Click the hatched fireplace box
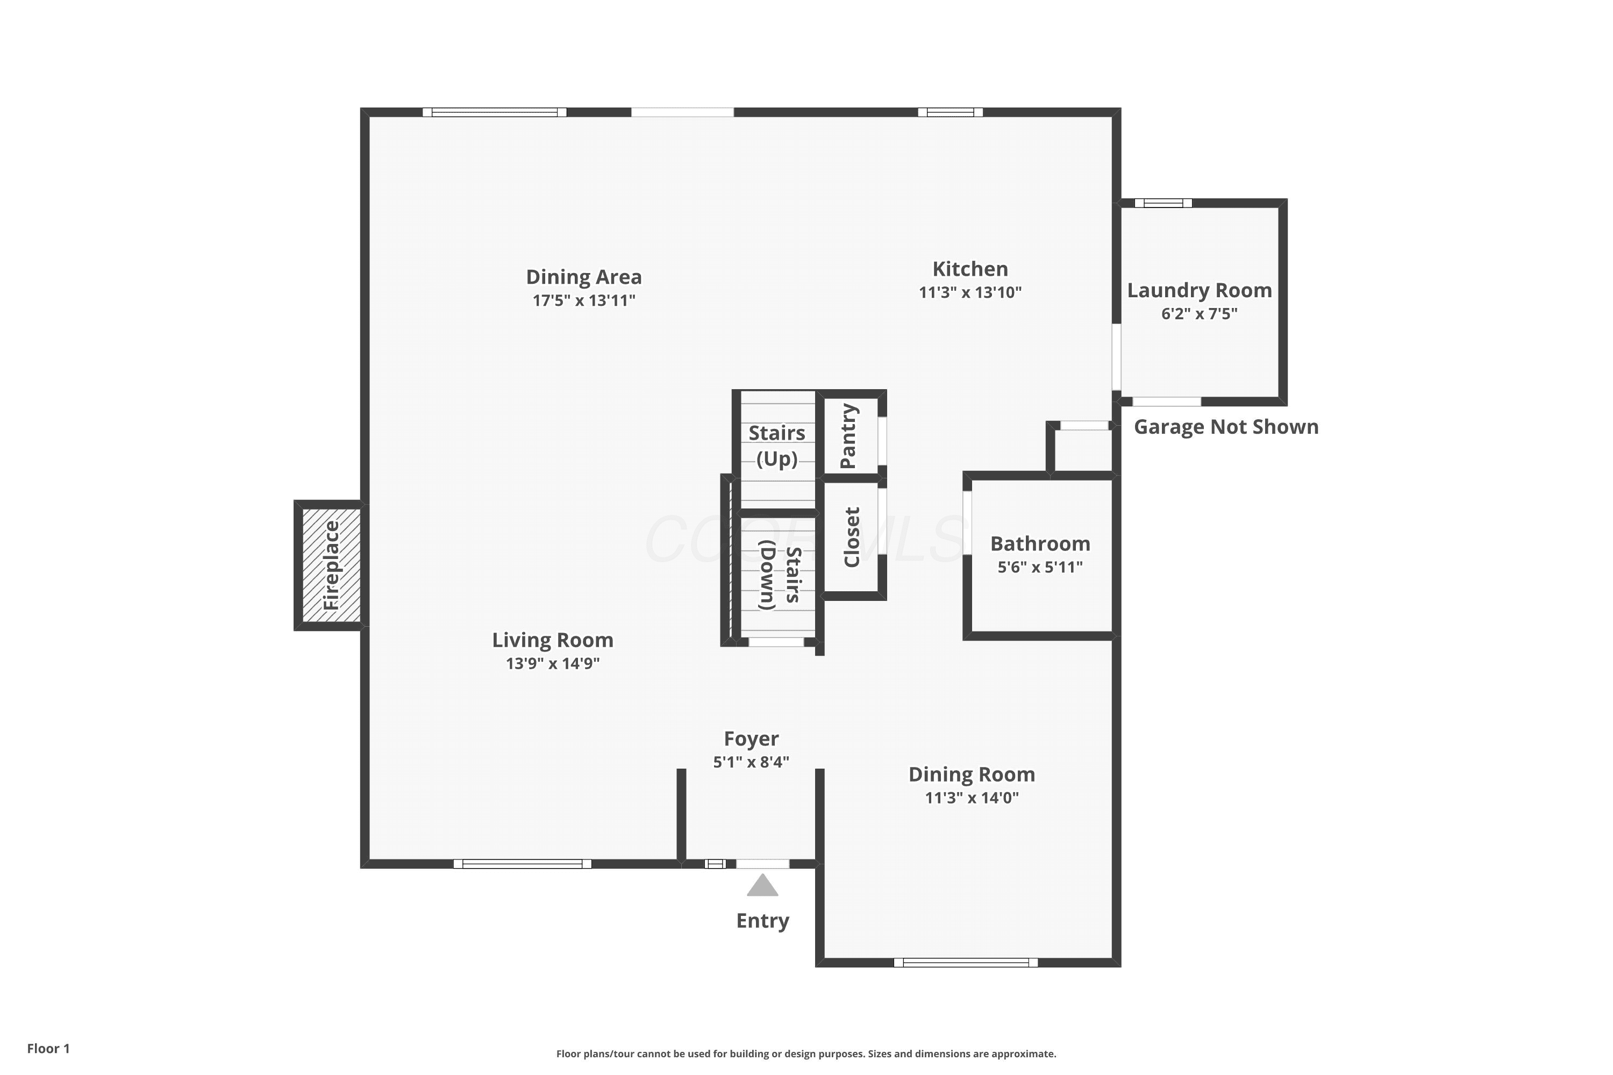331,565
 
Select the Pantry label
848,436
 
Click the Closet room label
851,537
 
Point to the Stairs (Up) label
777,446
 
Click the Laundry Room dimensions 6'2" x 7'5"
1200,313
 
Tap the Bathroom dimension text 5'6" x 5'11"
1040,567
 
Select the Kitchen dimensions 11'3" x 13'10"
970,292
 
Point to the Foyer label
751,739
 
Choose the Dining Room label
972,774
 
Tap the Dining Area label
583,277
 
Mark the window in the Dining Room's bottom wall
966,963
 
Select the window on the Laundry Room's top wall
1163,203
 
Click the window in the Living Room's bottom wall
523,864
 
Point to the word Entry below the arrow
762,921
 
